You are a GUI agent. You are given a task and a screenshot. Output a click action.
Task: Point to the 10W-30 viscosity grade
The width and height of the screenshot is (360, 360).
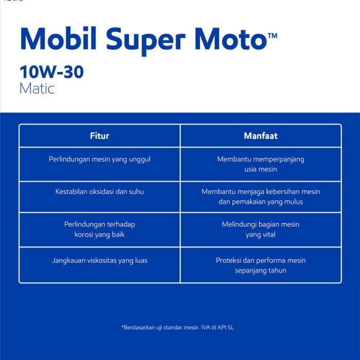[x=51, y=72]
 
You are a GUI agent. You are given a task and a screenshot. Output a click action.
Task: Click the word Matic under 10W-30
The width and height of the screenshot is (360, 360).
[x=37, y=88]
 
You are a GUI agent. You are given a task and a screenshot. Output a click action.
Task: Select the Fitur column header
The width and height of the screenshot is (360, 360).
[x=99, y=136]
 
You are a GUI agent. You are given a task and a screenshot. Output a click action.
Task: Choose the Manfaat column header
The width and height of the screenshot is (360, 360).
[x=260, y=136]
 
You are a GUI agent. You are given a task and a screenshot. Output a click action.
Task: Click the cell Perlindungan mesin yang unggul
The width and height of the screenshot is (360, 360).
[x=99, y=159]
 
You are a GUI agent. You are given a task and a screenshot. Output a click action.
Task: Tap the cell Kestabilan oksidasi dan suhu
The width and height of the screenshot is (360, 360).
[x=99, y=191]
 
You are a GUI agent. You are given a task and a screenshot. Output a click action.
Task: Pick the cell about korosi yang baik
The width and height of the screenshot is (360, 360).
[x=99, y=229]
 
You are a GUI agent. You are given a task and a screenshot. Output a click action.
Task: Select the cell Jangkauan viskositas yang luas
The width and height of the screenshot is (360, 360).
[x=99, y=260]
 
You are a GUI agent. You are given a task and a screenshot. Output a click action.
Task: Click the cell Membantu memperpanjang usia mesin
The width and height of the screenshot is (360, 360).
[x=260, y=164]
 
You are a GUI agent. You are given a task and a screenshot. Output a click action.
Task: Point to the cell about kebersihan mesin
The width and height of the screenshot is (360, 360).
[x=260, y=196]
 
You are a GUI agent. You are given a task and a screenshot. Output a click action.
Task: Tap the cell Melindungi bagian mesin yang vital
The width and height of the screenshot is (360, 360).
[x=260, y=229]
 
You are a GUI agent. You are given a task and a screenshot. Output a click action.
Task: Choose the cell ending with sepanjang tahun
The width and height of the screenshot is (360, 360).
[x=260, y=265]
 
